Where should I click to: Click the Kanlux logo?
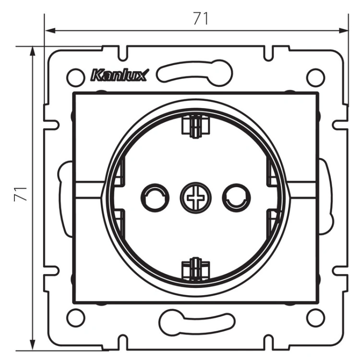click(120, 75)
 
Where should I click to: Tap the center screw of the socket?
click(196, 198)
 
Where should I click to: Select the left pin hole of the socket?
click(155, 198)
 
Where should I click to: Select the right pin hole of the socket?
click(236, 198)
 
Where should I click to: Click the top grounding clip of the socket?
click(196, 127)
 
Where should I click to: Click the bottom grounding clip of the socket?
click(196, 269)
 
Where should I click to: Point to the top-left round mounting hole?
click(75, 77)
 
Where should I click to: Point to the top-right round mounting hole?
click(316, 77)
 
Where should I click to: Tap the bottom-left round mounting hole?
click(75, 318)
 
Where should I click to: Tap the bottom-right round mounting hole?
click(316, 318)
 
